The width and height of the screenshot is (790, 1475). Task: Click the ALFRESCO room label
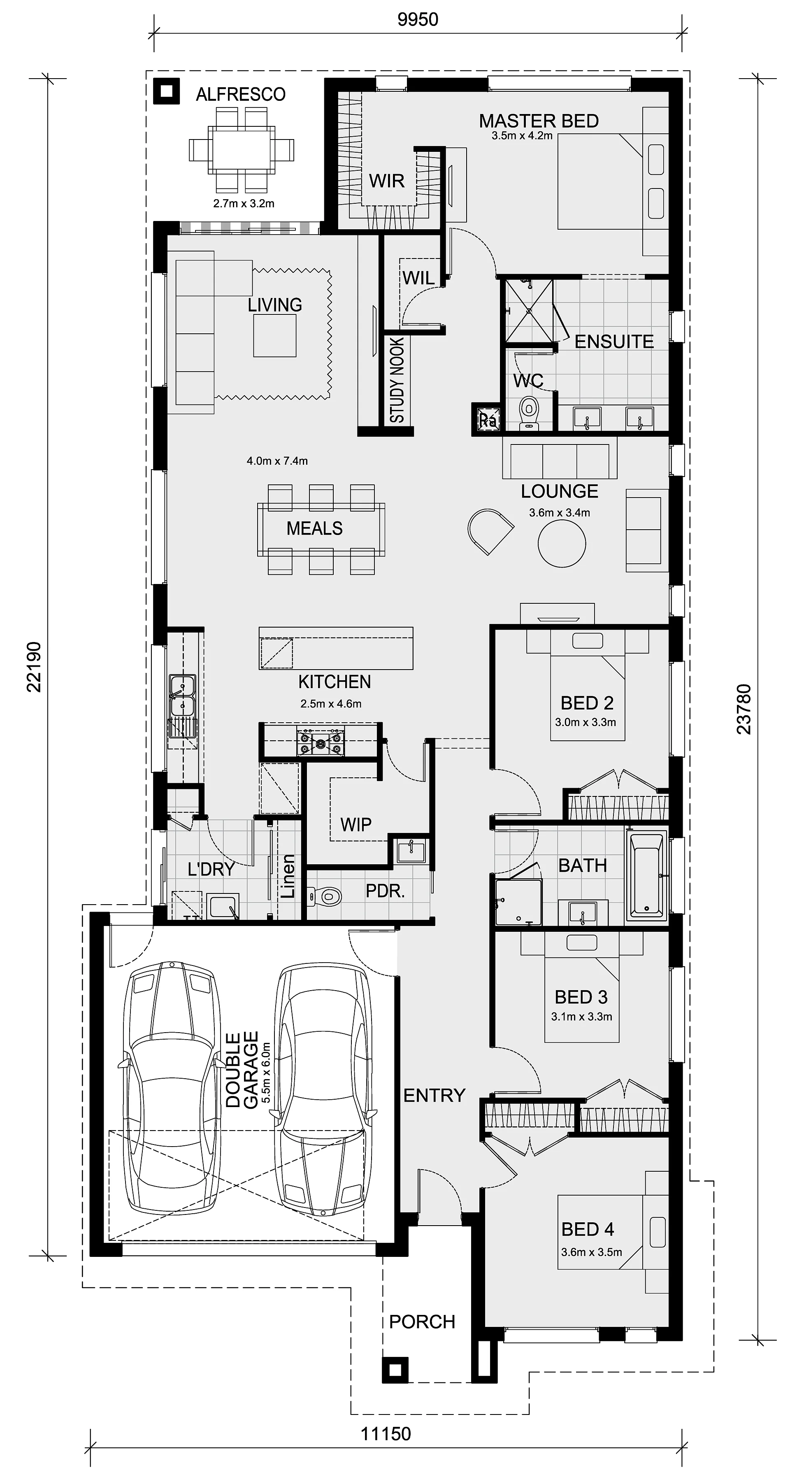click(240, 95)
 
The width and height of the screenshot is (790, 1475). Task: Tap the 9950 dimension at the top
click(418, 19)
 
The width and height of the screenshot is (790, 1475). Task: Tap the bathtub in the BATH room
click(647, 876)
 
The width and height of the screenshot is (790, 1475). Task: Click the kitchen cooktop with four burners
click(321, 742)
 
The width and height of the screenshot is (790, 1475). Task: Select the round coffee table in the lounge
click(562, 543)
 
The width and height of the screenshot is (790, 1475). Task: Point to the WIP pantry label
click(355, 824)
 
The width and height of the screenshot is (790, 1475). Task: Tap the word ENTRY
click(434, 1096)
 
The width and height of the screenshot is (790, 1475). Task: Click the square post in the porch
click(395, 1370)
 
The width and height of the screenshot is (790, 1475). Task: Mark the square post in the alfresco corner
click(167, 91)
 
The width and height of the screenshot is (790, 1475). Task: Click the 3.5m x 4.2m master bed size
click(522, 136)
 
